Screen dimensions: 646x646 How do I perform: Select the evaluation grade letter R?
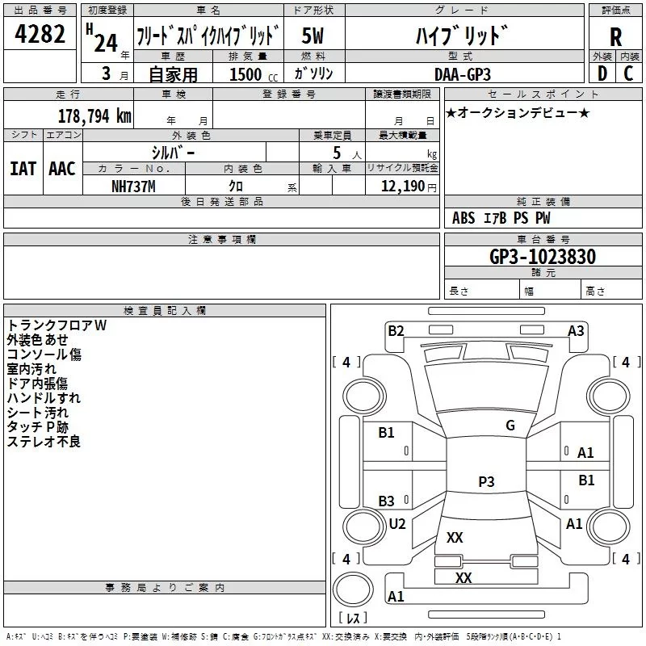tap(615, 37)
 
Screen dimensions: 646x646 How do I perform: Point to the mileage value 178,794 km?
tap(94, 115)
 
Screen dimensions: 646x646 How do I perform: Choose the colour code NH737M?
tap(133, 187)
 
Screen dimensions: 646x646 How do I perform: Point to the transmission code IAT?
tap(23, 169)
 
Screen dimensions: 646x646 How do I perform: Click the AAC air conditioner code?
tap(61, 169)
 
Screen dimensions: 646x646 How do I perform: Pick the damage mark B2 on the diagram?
tap(396, 330)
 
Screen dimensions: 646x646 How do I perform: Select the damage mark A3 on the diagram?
tap(576, 330)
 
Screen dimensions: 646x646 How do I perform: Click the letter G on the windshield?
tap(510, 426)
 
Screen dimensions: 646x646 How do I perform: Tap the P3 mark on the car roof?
tap(485, 481)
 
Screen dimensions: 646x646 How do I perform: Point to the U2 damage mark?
tap(397, 523)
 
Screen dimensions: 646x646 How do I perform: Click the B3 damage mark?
tap(387, 501)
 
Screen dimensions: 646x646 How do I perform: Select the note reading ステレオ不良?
tap(44, 441)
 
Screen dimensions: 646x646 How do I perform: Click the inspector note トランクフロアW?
tap(57, 325)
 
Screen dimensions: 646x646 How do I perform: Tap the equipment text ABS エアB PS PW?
tap(501, 218)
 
